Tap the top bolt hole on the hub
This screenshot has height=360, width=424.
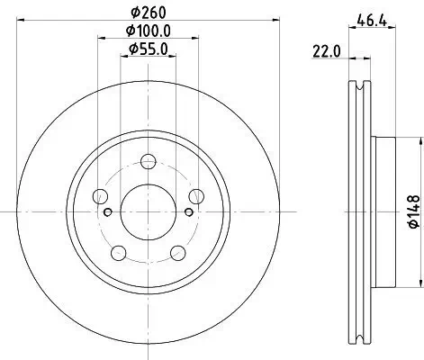tap(148, 162)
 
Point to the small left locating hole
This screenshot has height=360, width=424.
tap(109, 212)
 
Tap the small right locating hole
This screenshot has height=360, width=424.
tap(187, 212)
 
